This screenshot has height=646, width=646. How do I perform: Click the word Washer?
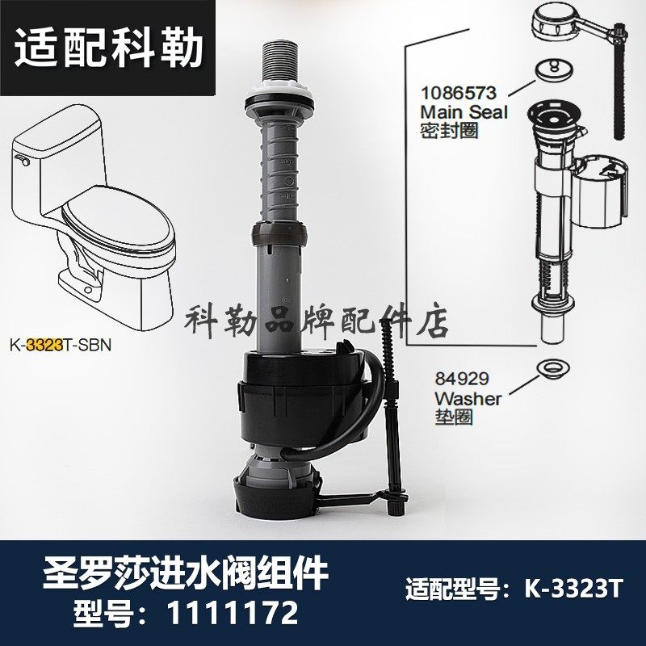468,399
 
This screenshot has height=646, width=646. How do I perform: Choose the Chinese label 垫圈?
453,417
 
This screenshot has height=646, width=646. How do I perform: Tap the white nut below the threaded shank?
278,94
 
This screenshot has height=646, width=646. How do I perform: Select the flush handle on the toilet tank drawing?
24,162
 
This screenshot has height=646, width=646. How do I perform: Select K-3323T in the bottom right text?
573,591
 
